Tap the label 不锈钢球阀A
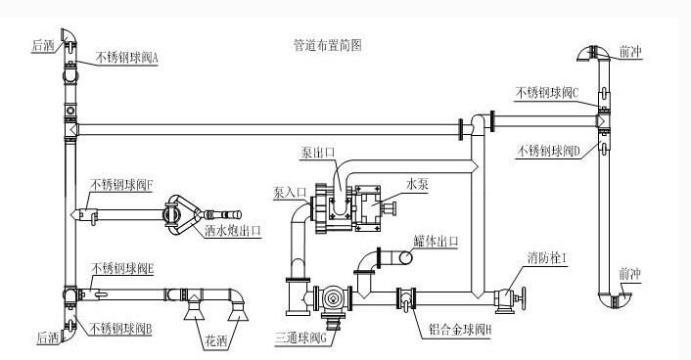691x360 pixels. point(127,58)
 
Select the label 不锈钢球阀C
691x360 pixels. point(549,93)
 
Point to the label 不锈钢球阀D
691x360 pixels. point(549,151)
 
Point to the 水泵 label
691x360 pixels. point(417,182)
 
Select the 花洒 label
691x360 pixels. point(215,343)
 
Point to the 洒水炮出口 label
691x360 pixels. point(233,232)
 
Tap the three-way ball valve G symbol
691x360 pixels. point(332,298)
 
